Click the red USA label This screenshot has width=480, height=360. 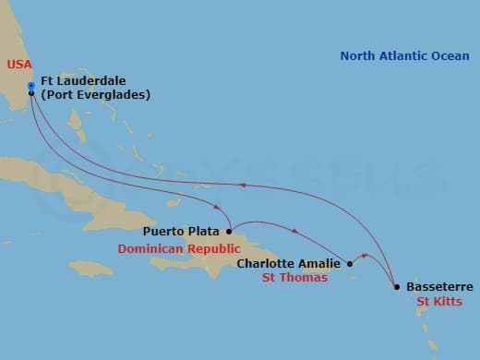(x=18, y=64)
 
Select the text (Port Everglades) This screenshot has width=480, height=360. (x=95, y=94)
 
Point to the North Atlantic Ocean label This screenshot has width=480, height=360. (x=404, y=56)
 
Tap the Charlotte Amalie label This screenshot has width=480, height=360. (x=290, y=263)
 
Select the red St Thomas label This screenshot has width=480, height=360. (x=294, y=278)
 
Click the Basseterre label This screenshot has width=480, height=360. (x=439, y=287)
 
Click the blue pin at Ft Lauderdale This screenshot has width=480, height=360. (x=31, y=87)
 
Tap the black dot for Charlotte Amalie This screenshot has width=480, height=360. (x=349, y=264)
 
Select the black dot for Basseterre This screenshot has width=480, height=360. (x=397, y=287)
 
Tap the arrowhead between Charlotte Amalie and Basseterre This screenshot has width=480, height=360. (x=366, y=256)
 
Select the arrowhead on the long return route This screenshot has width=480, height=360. (x=243, y=185)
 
